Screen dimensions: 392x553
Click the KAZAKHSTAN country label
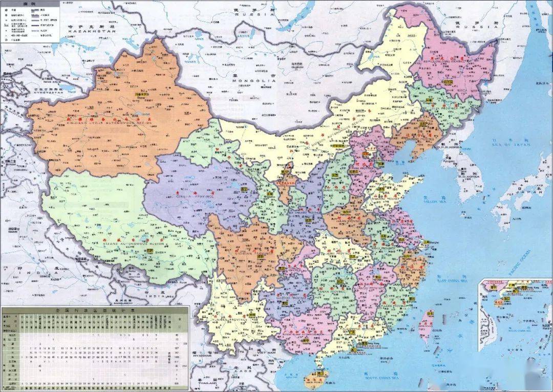tap(90, 32)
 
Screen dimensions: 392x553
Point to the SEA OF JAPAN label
tap(510, 145)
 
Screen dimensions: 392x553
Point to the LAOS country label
tap(241, 374)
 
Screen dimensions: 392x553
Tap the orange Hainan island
tap(315, 380)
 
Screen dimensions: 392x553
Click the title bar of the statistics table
tap(95, 310)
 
